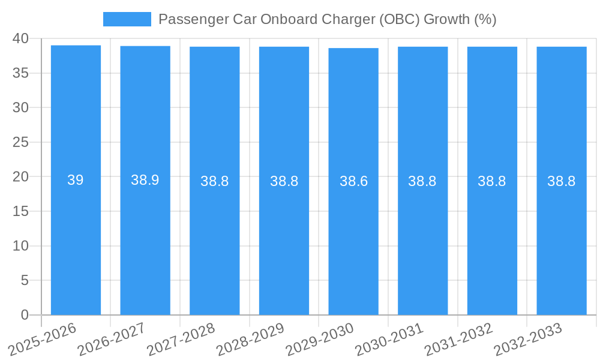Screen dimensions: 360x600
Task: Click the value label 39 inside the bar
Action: pos(76,180)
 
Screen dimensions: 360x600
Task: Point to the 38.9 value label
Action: pos(145,180)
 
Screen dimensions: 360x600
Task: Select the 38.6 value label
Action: pos(353,181)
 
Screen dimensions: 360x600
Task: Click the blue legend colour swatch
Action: pos(127,19)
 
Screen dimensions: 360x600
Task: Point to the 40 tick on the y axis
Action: pos(20,38)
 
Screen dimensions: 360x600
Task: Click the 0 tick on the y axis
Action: pos(25,315)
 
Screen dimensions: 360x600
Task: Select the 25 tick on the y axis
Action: pos(20,142)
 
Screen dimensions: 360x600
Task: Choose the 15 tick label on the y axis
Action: pos(20,211)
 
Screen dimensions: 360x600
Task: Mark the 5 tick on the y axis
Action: pos(25,280)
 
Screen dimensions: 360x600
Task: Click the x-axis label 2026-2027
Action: pos(112,340)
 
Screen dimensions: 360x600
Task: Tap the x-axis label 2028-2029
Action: pos(250,340)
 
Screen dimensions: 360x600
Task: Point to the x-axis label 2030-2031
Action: pos(389,340)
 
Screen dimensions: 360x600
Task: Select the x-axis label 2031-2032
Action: pos(458,340)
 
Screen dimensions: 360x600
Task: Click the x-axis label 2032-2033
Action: pos(528,340)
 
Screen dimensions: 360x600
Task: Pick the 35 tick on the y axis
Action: pos(20,73)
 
